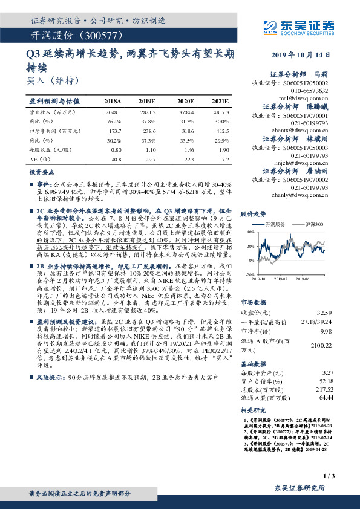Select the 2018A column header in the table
pos(113,102)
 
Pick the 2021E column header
pos(220,102)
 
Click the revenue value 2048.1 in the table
pos(113,112)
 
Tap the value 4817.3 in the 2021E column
pos(220,112)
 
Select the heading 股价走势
pos(254,214)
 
